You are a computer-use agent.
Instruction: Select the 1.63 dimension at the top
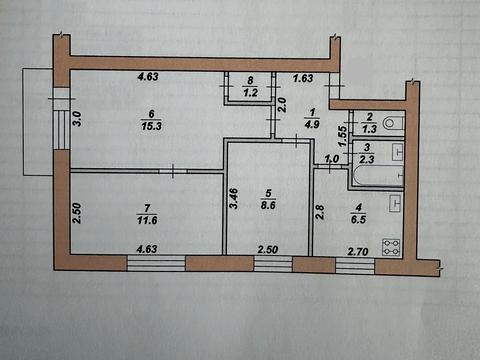(302, 76)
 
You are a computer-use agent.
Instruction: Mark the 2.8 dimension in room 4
(320, 213)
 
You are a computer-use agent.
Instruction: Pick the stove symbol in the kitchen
(392, 248)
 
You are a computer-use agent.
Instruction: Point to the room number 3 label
(366, 145)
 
